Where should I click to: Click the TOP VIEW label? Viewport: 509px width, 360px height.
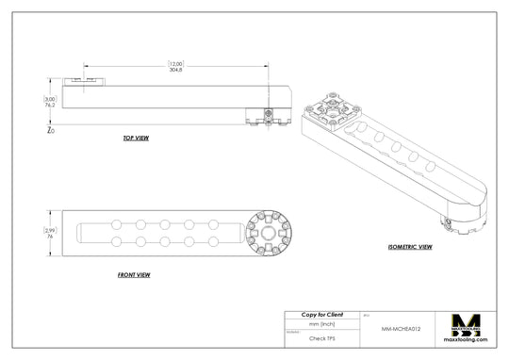coord(135,139)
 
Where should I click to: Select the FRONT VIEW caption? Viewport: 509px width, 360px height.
coord(135,275)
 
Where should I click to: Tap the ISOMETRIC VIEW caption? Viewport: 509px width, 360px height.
coord(410,247)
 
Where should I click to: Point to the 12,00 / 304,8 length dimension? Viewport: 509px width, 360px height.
coord(175,67)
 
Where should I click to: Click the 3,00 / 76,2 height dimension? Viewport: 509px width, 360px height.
coord(49,103)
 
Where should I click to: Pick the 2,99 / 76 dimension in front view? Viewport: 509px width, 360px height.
coord(50,234)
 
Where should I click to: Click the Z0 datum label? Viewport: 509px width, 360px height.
coord(50,131)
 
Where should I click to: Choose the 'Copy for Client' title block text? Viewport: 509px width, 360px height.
coord(321,314)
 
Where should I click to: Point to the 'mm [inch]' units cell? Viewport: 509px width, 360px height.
coord(321,323)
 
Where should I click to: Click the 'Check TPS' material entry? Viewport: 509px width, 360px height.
coord(321,336)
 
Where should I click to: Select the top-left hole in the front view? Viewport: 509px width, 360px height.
coord(116,224)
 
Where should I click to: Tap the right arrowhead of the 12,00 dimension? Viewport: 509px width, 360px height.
coord(265,67)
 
